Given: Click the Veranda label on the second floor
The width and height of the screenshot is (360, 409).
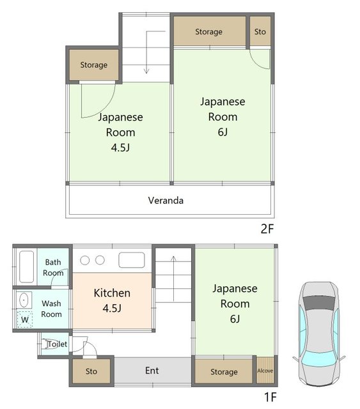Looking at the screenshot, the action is (x=166, y=200).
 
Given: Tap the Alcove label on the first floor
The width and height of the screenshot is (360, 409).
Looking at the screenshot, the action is (x=265, y=371).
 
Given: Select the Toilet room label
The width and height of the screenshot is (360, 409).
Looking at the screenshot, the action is (x=57, y=344).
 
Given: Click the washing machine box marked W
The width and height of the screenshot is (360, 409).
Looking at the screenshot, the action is (x=25, y=320).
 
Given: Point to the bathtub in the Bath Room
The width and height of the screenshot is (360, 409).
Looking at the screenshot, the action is (x=27, y=266).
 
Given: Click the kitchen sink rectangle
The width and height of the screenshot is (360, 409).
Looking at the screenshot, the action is (x=132, y=260).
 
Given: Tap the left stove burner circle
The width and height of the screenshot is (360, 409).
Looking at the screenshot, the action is (x=85, y=260).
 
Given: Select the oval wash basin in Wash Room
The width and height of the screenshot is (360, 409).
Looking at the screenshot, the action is (x=24, y=300).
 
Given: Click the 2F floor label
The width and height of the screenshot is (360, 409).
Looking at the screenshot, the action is (x=267, y=229).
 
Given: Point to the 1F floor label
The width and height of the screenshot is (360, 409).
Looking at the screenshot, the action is (x=270, y=397).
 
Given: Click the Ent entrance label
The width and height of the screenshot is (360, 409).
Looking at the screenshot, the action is (x=152, y=371).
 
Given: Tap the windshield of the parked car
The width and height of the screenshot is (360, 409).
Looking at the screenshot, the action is (x=319, y=359).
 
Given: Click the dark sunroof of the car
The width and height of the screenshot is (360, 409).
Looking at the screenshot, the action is (x=319, y=303).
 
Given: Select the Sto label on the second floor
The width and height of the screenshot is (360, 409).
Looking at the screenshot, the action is (x=260, y=31).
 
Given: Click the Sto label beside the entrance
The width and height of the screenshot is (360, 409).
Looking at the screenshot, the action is (x=91, y=371).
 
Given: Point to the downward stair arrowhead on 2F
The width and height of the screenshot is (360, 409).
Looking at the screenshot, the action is (x=146, y=71).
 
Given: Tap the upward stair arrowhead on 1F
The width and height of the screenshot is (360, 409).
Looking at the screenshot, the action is (x=173, y=258).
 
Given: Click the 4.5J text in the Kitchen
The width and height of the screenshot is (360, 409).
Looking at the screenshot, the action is (x=112, y=308).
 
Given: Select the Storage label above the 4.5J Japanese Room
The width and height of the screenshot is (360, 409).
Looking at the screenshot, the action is (x=94, y=65).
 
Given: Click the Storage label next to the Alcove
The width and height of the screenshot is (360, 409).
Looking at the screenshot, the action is (x=224, y=372).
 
